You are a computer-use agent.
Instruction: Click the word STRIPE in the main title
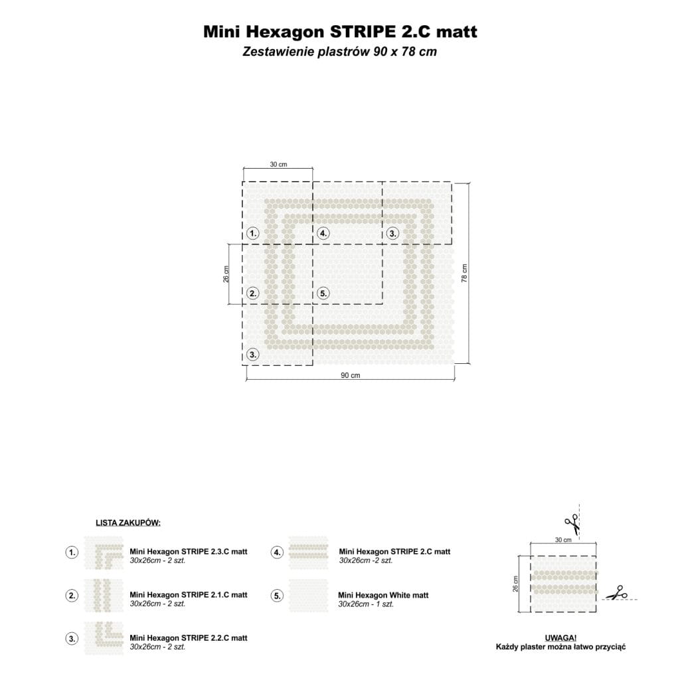coord(362,32)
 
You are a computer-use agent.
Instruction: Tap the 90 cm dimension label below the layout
coord(351,375)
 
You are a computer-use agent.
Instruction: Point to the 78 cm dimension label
coord(464,273)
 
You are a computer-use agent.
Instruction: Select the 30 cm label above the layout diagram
coord(278,165)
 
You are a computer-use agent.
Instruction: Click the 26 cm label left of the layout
coord(226,274)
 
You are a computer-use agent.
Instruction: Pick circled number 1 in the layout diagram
coord(253,233)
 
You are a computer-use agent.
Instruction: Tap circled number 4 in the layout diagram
coord(323,233)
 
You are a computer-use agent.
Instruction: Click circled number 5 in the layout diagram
coord(323,293)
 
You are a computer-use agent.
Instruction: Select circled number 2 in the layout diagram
coord(253,293)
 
